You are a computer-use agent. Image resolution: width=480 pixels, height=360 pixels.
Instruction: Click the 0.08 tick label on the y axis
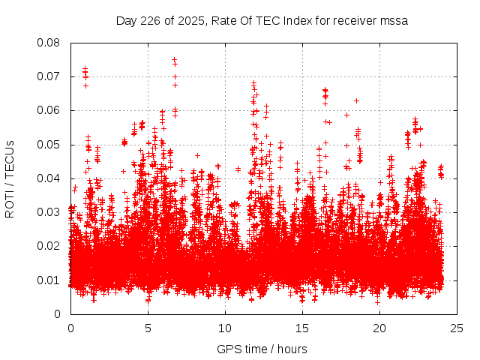pyautogui.click(x=49, y=43)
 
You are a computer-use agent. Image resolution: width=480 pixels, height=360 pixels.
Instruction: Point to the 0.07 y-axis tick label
pyautogui.click(x=49, y=76)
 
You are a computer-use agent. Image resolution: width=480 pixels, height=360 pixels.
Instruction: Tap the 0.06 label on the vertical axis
pyautogui.click(x=49, y=110)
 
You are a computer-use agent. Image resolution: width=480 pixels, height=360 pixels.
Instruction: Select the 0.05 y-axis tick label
pyautogui.click(x=49, y=145)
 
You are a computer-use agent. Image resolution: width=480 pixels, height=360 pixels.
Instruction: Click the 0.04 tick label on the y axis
pyautogui.click(x=49, y=178)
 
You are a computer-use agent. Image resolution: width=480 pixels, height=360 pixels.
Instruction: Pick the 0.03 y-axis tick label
pyautogui.click(x=49, y=212)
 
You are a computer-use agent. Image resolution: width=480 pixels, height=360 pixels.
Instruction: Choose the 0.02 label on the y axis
pyautogui.click(x=49, y=246)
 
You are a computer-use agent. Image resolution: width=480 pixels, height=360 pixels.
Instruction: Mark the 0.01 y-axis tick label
pyautogui.click(x=49, y=280)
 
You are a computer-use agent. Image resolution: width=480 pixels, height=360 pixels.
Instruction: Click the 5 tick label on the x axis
pyautogui.click(x=148, y=328)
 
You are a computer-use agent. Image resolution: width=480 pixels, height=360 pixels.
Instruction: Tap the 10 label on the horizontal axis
pyautogui.click(x=225, y=328)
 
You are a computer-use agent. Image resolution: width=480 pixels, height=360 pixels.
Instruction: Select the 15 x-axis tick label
pyautogui.click(x=302, y=328)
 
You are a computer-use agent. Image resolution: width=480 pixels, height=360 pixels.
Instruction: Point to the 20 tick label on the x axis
pyautogui.click(x=379, y=328)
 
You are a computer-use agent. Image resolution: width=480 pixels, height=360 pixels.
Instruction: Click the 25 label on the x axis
pyautogui.click(x=457, y=328)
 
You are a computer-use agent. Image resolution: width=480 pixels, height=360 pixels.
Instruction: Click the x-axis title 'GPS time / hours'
pyautogui.click(x=262, y=349)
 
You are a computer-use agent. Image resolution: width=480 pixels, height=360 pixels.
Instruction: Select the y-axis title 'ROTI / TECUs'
pyautogui.click(x=10, y=178)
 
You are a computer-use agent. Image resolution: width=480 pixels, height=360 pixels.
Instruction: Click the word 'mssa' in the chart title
pyautogui.click(x=394, y=20)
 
